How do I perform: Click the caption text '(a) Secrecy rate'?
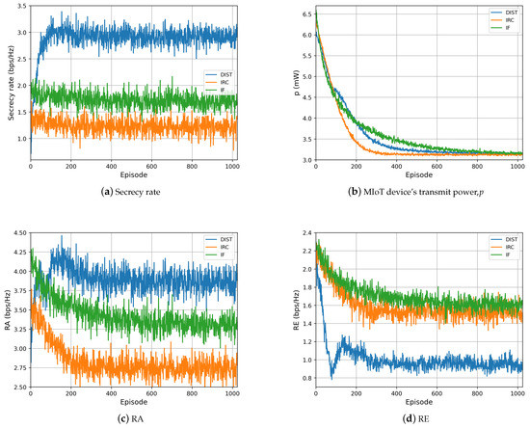tap(132, 191)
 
